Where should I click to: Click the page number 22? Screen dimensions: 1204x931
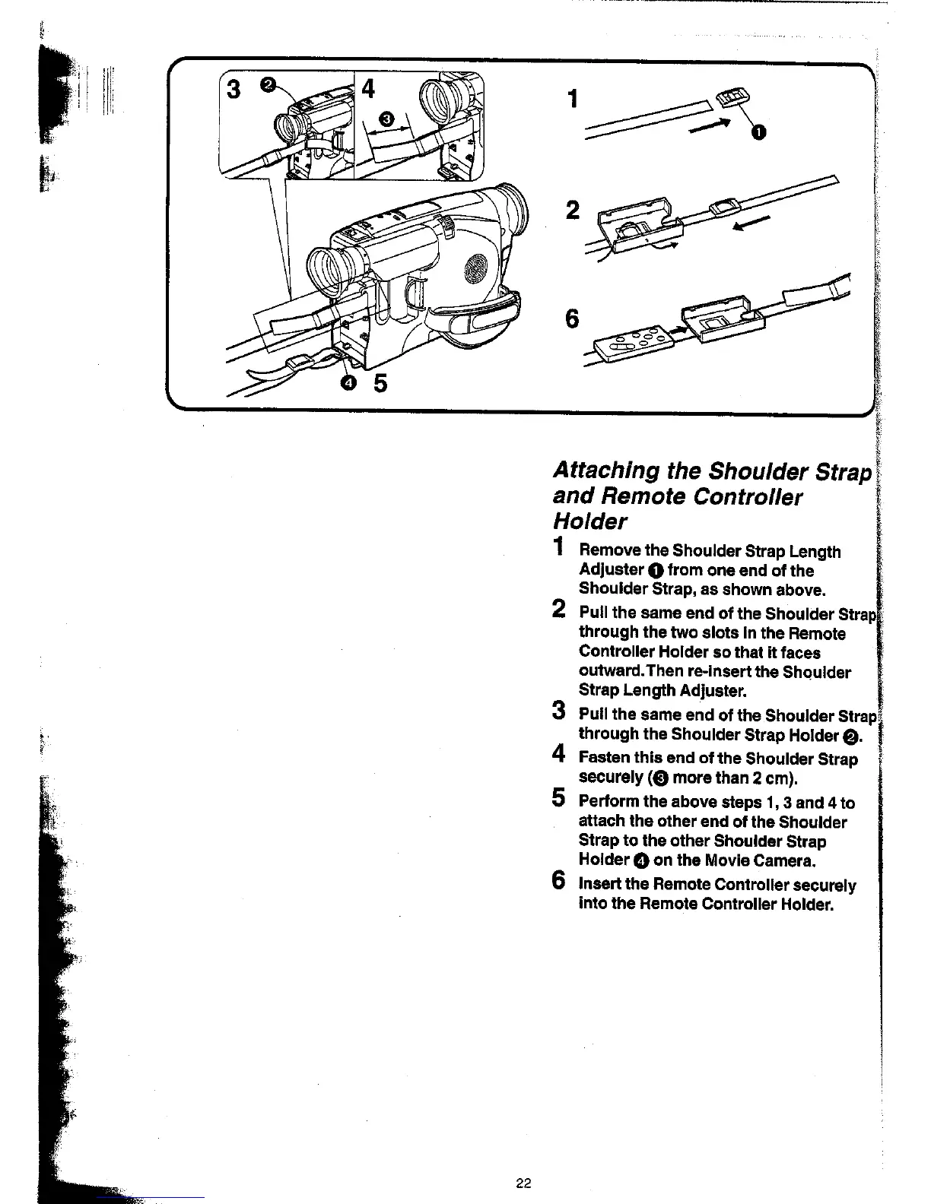(x=523, y=1183)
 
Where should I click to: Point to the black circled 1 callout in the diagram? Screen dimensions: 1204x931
(x=758, y=134)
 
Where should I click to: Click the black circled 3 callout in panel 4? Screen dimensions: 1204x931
(x=386, y=118)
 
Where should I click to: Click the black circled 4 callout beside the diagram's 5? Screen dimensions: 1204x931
(x=348, y=383)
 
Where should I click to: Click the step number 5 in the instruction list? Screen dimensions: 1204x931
(x=559, y=799)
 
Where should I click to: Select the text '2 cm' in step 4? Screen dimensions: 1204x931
(x=768, y=778)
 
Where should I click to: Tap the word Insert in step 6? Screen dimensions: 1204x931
(x=600, y=885)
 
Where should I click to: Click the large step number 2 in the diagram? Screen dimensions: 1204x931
(x=573, y=210)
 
